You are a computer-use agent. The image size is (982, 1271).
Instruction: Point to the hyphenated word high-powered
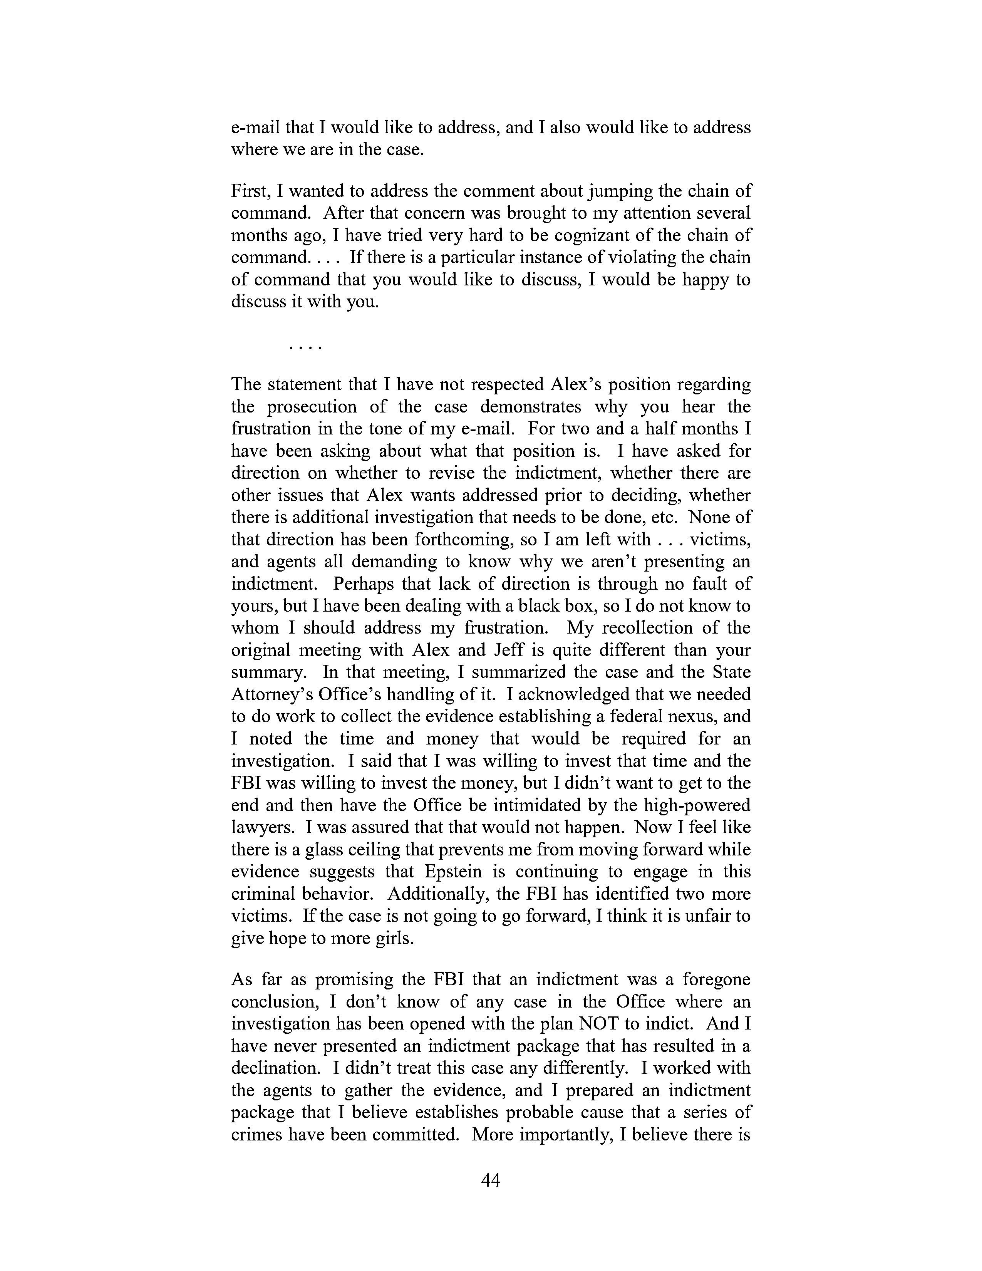coord(697,805)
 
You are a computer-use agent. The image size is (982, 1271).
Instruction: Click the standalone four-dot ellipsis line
coord(305,347)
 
